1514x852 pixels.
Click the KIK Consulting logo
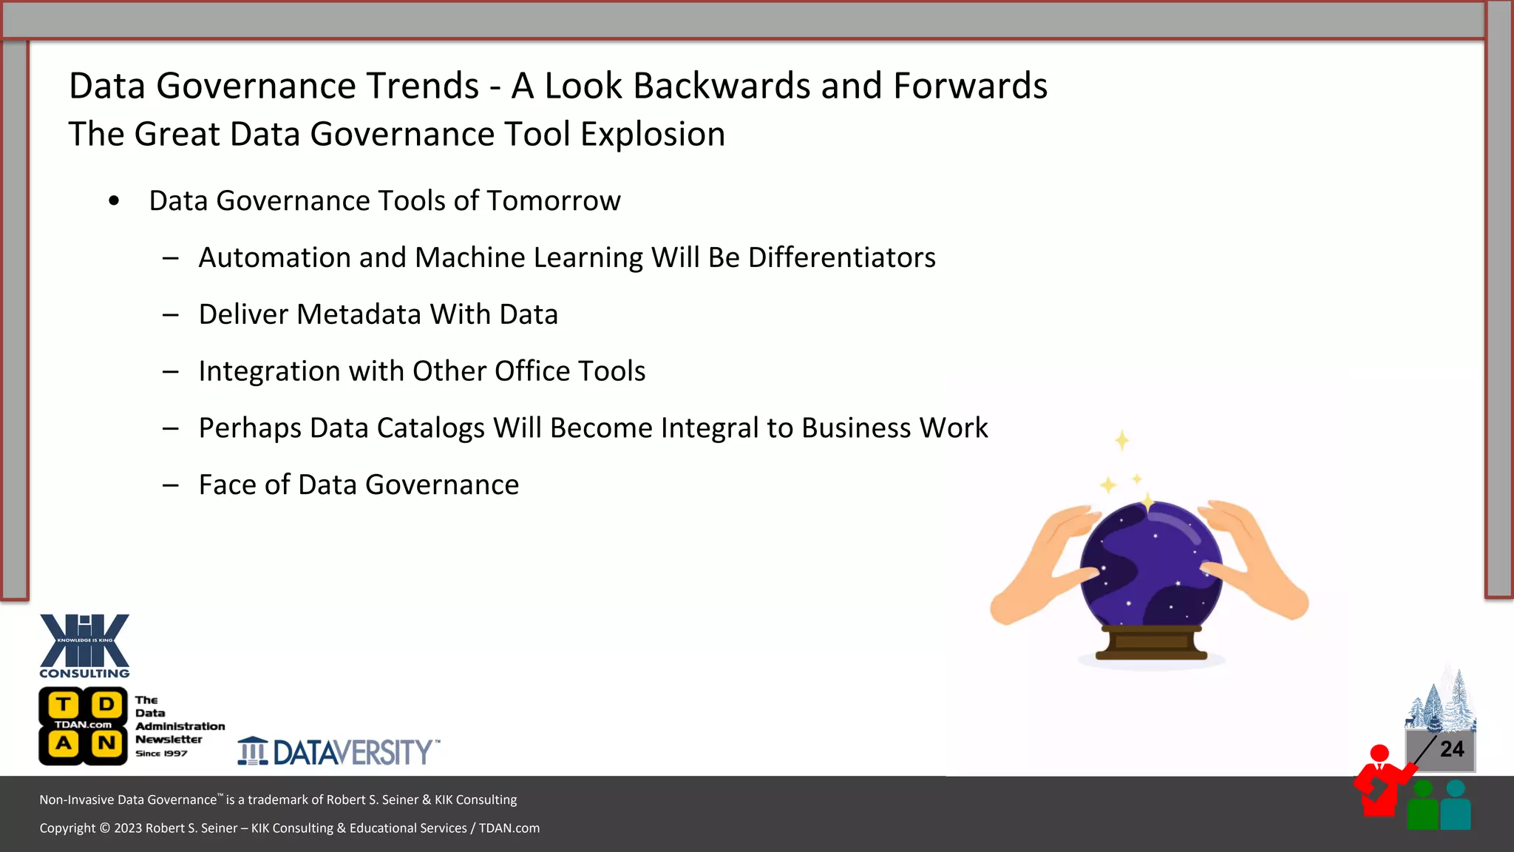84,645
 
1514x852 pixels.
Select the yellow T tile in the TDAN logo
64,705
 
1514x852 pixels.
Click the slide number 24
1451,749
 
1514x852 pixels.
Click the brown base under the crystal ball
1151,642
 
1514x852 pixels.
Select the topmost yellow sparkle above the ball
1121,441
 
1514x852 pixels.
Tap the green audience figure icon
1422,806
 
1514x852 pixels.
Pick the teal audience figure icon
1456,806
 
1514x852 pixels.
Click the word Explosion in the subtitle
652,135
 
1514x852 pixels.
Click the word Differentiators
841,257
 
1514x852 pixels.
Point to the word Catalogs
431,428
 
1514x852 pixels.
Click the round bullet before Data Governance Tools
114,201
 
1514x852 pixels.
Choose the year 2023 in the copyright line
128,828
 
